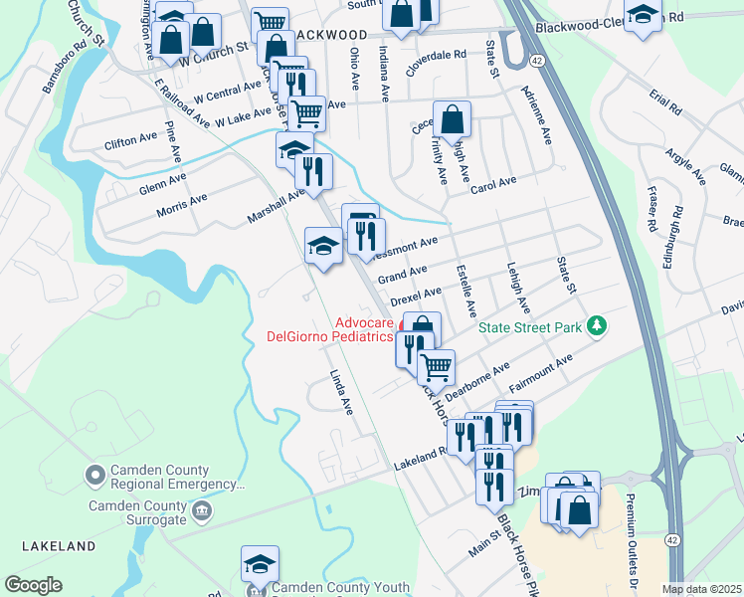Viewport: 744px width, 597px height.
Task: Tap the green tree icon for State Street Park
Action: [x=597, y=325]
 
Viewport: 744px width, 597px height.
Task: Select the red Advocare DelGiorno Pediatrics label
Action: [x=336, y=329]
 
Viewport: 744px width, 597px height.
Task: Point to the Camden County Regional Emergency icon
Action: [x=95, y=477]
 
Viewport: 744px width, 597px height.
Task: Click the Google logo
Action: [x=33, y=585]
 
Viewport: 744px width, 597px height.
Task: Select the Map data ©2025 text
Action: [x=700, y=589]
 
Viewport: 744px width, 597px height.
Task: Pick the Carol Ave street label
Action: [x=494, y=185]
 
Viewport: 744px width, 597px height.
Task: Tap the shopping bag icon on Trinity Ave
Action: [x=452, y=119]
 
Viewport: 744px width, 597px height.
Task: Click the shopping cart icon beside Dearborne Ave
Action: [x=436, y=366]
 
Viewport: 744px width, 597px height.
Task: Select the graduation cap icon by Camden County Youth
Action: [x=260, y=563]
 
